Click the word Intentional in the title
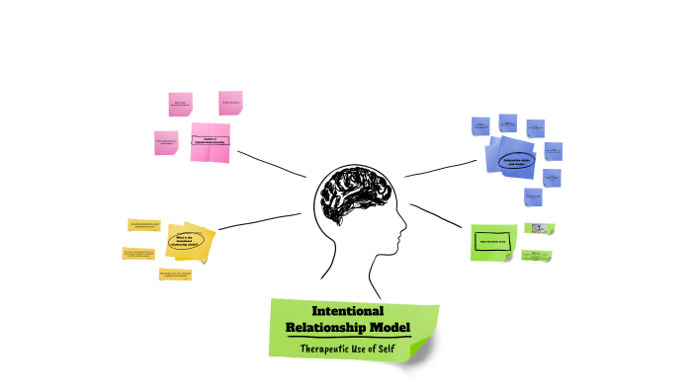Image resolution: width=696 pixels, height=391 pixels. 347,310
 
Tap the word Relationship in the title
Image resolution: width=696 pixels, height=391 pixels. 325,327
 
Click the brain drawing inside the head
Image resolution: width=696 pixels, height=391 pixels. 352,194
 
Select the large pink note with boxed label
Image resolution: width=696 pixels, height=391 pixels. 210,141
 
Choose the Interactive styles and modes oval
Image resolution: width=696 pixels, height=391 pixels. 517,161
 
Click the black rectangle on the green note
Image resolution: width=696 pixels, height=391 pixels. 491,241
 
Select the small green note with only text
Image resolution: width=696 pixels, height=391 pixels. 536,256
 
